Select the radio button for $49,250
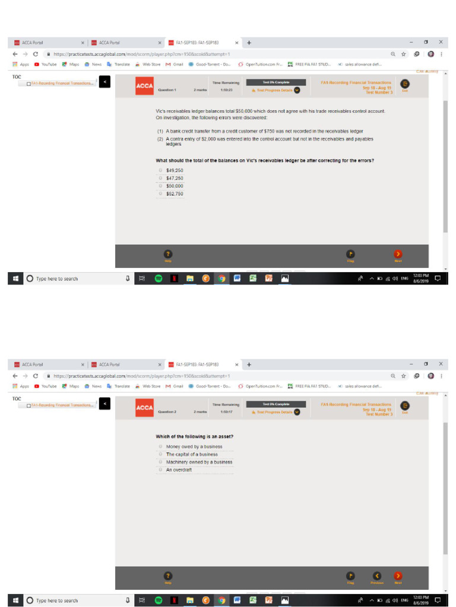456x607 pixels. (x=161, y=170)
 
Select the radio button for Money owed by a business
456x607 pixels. (x=161, y=446)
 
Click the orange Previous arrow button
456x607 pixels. (x=377, y=575)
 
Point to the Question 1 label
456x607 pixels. (x=167, y=90)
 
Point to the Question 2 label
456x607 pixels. (x=167, y=411)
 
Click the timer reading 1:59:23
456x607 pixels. (x=226, y=90)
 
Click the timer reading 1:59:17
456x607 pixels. (x=226, y=411)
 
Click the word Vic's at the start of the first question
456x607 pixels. (x=161, y=111)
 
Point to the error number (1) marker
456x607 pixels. (x=160, y=130)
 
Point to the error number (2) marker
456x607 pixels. (x=160, y=139)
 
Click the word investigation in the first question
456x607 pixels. (x=174, y=117)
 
